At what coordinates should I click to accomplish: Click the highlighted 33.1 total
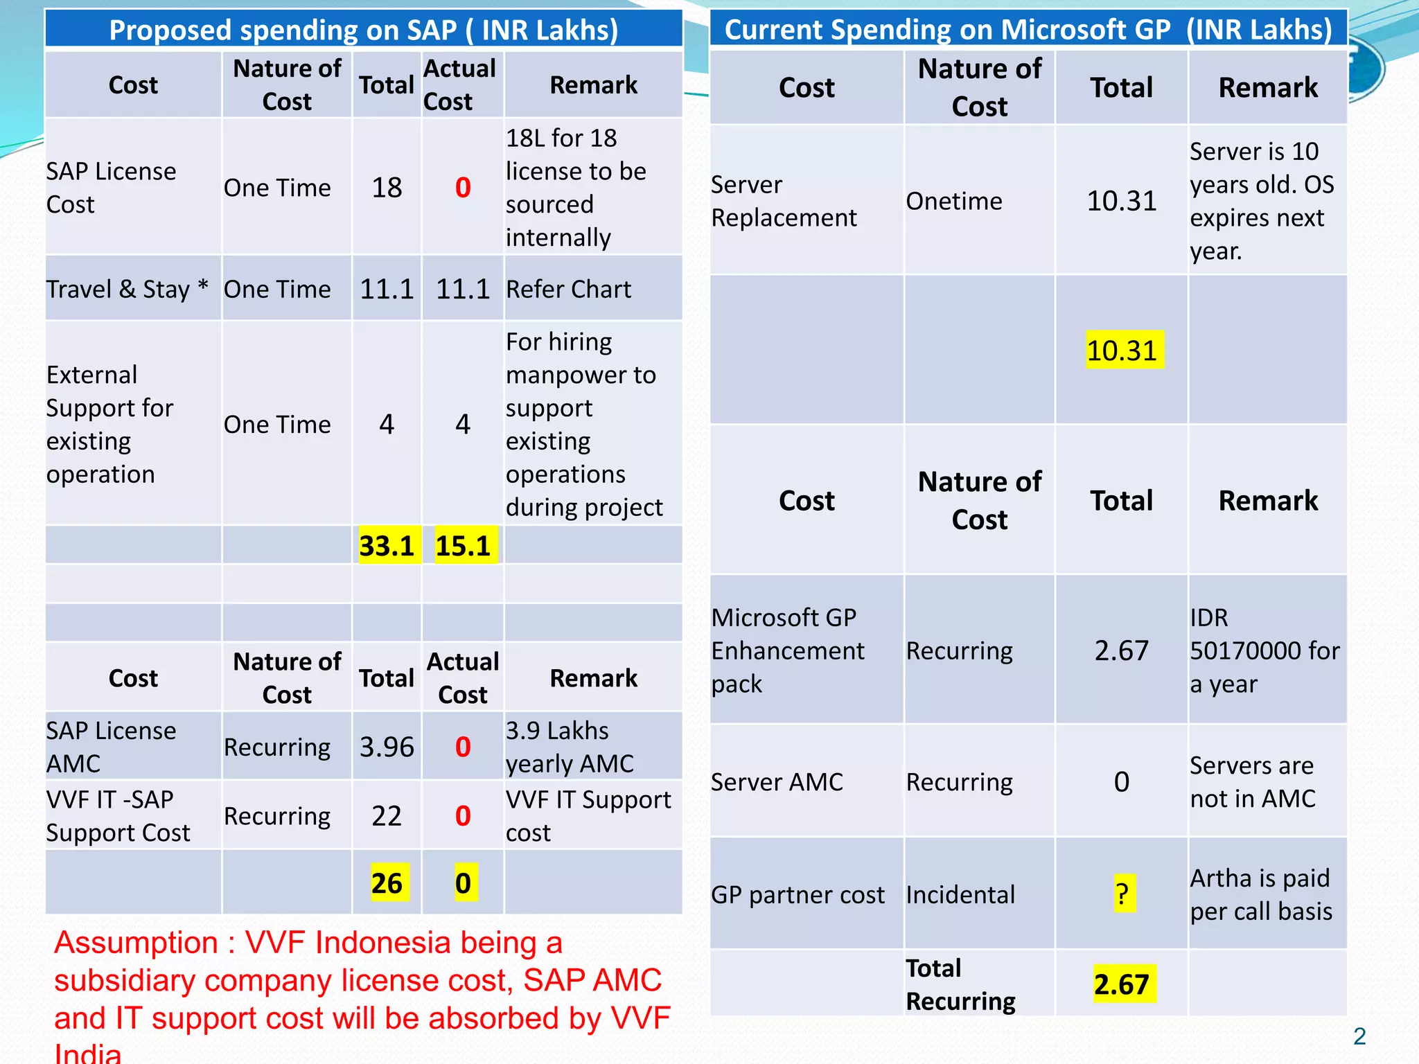coord(387,546)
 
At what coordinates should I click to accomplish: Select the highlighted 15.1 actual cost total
coord(463,546)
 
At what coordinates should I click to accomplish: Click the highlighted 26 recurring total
coord(387,883)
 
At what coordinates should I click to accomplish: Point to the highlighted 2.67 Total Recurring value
coord(1122,984)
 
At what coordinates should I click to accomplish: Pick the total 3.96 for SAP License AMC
coord(387,747)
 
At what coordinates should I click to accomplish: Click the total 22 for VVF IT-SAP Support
coord(387,816)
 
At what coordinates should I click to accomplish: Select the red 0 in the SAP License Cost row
coord(463,188)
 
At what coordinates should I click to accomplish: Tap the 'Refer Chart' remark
coord(568,289)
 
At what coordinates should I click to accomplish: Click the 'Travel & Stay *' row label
coord(127,289)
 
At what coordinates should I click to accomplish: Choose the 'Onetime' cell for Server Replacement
coord(954,201)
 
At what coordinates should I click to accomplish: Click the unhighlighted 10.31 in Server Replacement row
coord(1122,201)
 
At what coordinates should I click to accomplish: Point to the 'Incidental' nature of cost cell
coord(960,894)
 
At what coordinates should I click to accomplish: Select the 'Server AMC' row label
coord(777,782)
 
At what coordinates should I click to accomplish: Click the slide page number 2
coord(1359,1036)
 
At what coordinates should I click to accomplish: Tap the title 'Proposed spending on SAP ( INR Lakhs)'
coord(364,30)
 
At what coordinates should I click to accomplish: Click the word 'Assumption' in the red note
coord(136,943)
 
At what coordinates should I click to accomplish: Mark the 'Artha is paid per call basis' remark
coord(1261,894)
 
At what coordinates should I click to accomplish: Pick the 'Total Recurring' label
coord(960,984)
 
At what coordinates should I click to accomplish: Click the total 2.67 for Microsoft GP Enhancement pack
coord(1122,650)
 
